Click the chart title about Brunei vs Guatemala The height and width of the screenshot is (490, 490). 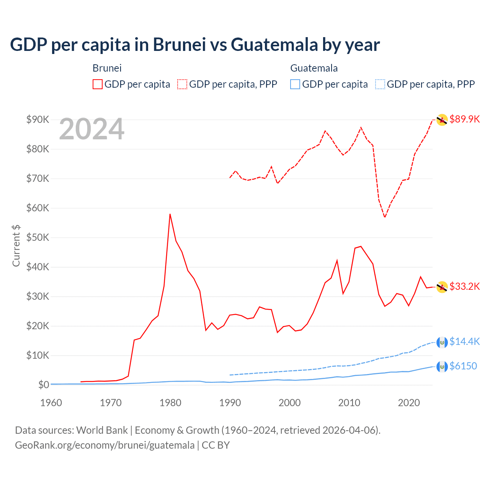[195, 44]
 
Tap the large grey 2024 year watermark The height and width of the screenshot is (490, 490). [91, 129]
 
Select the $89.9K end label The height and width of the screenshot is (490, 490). [464, 119]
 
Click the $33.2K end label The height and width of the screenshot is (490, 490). [464, 286]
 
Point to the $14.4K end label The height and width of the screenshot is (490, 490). [464, 341]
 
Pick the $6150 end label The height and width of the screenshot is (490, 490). [463, 366]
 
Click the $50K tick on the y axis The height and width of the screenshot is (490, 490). [38, 237]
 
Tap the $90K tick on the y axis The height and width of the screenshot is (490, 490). [38, 119]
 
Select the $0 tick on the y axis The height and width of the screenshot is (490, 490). [43, 385]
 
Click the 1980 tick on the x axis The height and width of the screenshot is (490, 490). [170, 403]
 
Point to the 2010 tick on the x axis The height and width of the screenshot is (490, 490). [349, 403]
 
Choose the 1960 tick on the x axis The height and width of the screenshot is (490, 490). [51, 403]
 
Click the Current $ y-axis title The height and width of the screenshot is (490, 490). [16, 246]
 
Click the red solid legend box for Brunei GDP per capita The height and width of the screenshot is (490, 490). [98, 84]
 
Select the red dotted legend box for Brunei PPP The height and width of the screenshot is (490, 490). [182, 84]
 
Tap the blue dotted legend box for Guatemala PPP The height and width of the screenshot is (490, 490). [380, 84]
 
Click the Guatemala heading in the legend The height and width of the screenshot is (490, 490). [314, 68]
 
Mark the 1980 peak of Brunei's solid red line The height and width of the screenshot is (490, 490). [170, 214]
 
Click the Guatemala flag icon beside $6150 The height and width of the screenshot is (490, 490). [442, 366]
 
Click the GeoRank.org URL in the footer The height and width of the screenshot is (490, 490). [105, 445]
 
